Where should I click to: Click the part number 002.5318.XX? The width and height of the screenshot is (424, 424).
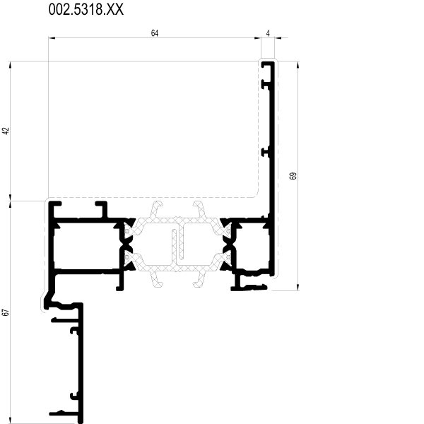[86, 9]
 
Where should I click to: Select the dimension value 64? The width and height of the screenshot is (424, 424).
[154, 33]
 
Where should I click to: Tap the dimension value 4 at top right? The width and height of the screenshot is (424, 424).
[268, 33]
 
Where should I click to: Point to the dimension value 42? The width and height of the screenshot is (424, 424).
[6, 131]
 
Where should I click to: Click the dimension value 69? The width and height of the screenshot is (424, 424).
[293, 176]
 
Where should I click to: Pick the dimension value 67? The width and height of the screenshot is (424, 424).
[6, 312]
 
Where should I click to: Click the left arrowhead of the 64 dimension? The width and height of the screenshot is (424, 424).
[52, 38]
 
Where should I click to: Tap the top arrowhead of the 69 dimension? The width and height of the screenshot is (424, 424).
[298, 64]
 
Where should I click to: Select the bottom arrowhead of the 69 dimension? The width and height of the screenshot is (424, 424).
[298, 287]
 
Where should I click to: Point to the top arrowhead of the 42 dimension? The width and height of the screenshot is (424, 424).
[11, 64]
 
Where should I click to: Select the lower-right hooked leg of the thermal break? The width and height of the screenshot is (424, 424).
[199, 279]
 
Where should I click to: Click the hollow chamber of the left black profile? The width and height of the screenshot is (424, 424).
[86, 246]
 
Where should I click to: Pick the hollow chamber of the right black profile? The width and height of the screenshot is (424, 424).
[252, 246]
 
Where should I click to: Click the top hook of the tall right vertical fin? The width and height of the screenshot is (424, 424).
[268, 64]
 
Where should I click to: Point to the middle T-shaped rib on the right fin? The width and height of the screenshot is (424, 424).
[266, 152]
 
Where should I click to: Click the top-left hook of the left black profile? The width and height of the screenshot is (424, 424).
[55, 206]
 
